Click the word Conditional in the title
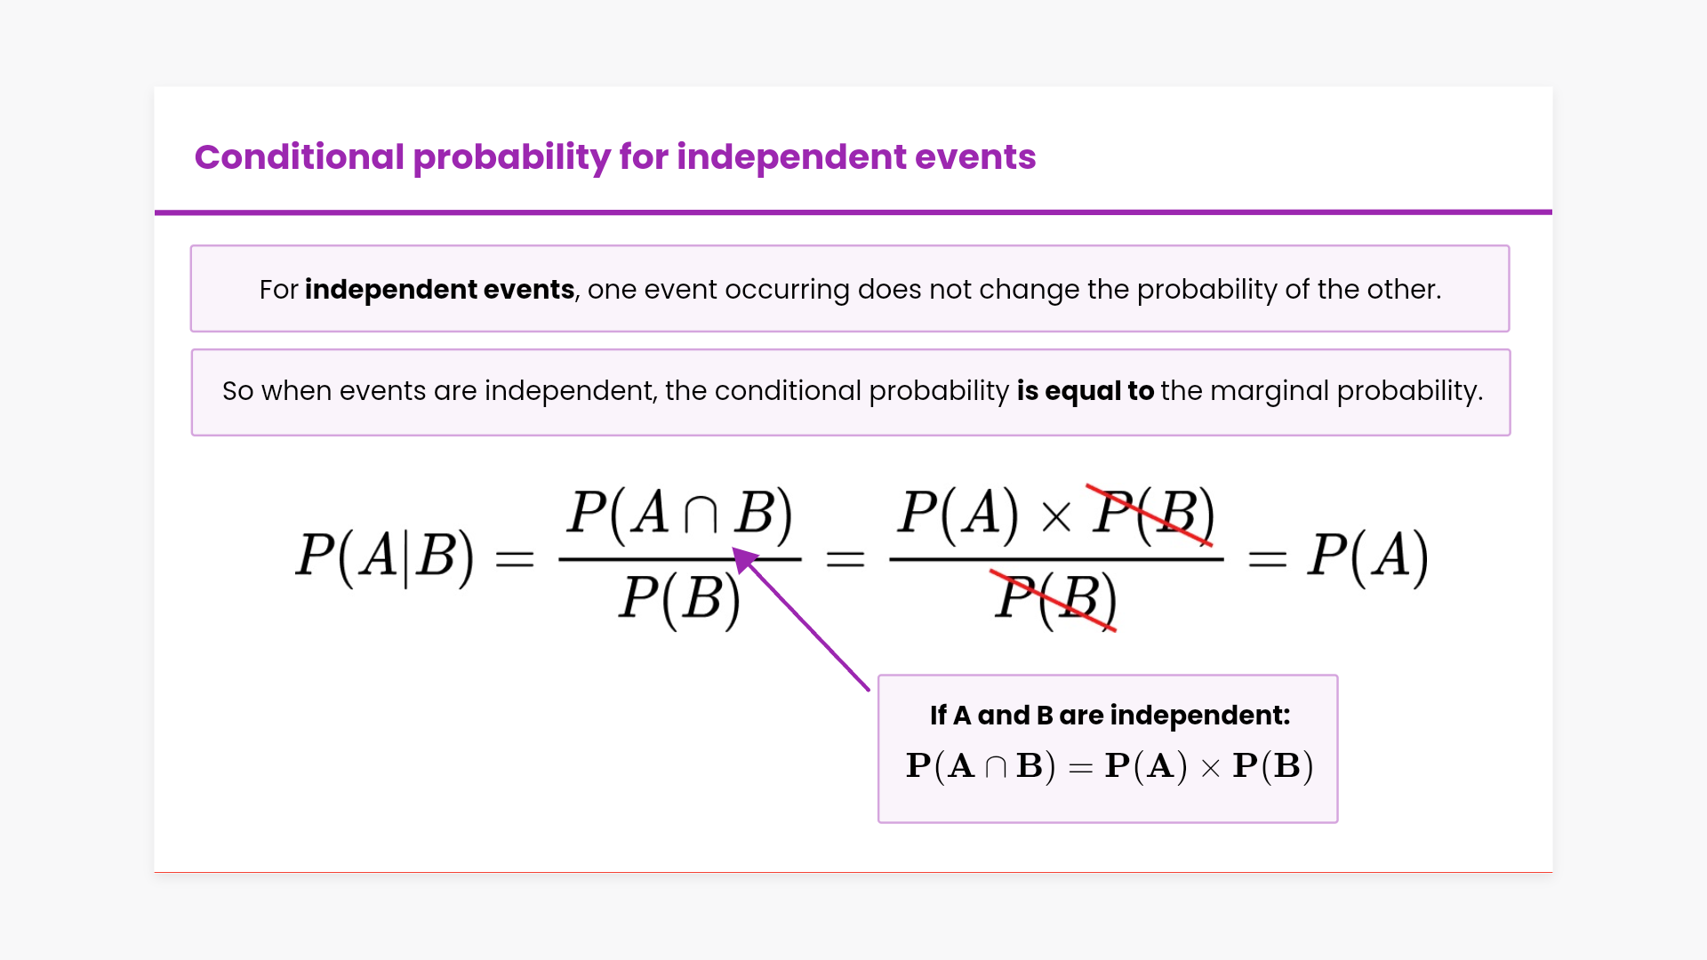tap(300, 157)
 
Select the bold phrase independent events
tap(439, 290)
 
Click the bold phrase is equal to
tap(1086, 391)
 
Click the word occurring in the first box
tap(787, 290)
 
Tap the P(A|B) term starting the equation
tap(385, 558)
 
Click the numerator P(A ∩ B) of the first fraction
tap(680, 514)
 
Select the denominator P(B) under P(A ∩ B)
tap(680, 599)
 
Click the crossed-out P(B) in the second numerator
tap(1153, 514)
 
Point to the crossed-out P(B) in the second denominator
tap(1055, 599)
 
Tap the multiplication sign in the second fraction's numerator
tap(1056, 517)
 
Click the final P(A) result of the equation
tap(1367, 558)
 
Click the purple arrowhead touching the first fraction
tap(745, 560)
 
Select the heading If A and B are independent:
tap(1110, 716)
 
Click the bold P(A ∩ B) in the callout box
tap(981, 766)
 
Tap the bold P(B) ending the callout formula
tap(1273, 766)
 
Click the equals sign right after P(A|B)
tap(515, 560)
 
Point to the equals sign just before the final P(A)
tap(1268, 560)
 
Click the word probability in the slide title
tap(512, 157)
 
